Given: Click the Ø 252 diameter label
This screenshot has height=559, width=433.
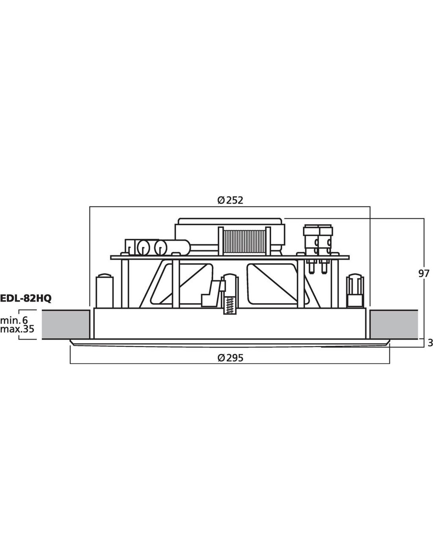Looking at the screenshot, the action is [x=230, y=200].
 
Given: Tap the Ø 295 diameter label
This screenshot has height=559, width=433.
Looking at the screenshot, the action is [x=230, y=358].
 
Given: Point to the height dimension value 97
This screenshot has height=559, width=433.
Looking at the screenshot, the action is [x=424, y=274].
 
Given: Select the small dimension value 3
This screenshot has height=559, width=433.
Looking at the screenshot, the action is [x=430, y=343].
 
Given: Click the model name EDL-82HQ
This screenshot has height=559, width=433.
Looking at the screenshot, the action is [x=26, y=298].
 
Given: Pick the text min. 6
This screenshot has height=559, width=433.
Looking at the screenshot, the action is [x=14, y=320].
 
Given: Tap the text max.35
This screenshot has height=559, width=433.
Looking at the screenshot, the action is [x=17, y=329].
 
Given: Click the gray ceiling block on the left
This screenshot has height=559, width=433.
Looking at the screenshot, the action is [x=66, y=324].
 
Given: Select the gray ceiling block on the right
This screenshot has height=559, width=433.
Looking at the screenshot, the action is [x=394, y=324].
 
